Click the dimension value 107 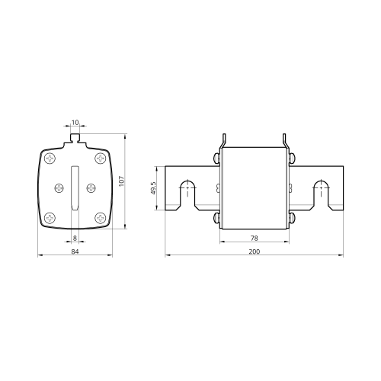[122, 181]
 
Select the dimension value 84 [75, 251]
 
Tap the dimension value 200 [255, 251]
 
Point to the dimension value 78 [255, 238]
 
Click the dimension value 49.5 [153, 188]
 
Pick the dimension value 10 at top [75, 123]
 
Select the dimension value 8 [75, 238]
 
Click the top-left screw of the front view [50, 158]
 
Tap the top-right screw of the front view [101, 158]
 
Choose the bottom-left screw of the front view [50, 218]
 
